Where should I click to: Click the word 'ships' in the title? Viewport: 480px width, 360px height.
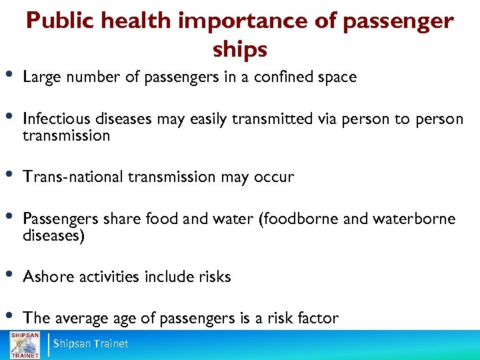(x=240, y=49)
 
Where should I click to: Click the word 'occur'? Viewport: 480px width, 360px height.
(x=273, y=177)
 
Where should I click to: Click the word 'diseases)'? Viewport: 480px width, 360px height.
(x=53, y=235)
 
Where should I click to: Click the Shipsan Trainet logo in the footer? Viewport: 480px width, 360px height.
(x=24, y=343)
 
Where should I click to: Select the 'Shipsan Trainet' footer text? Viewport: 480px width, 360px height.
(x=91, y=344)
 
